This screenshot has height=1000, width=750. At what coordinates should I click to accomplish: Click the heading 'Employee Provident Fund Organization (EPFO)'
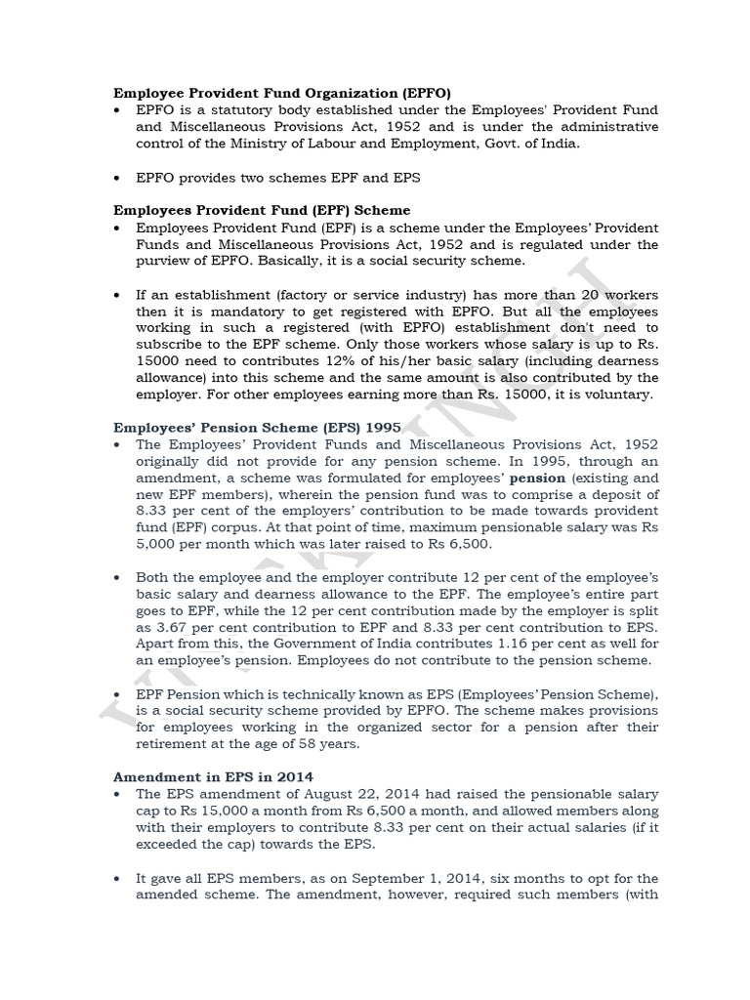pyautogui.click(x=283, y=93)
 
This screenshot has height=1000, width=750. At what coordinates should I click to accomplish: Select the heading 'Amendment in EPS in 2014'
pyautogui.click(x=207, y=776)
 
